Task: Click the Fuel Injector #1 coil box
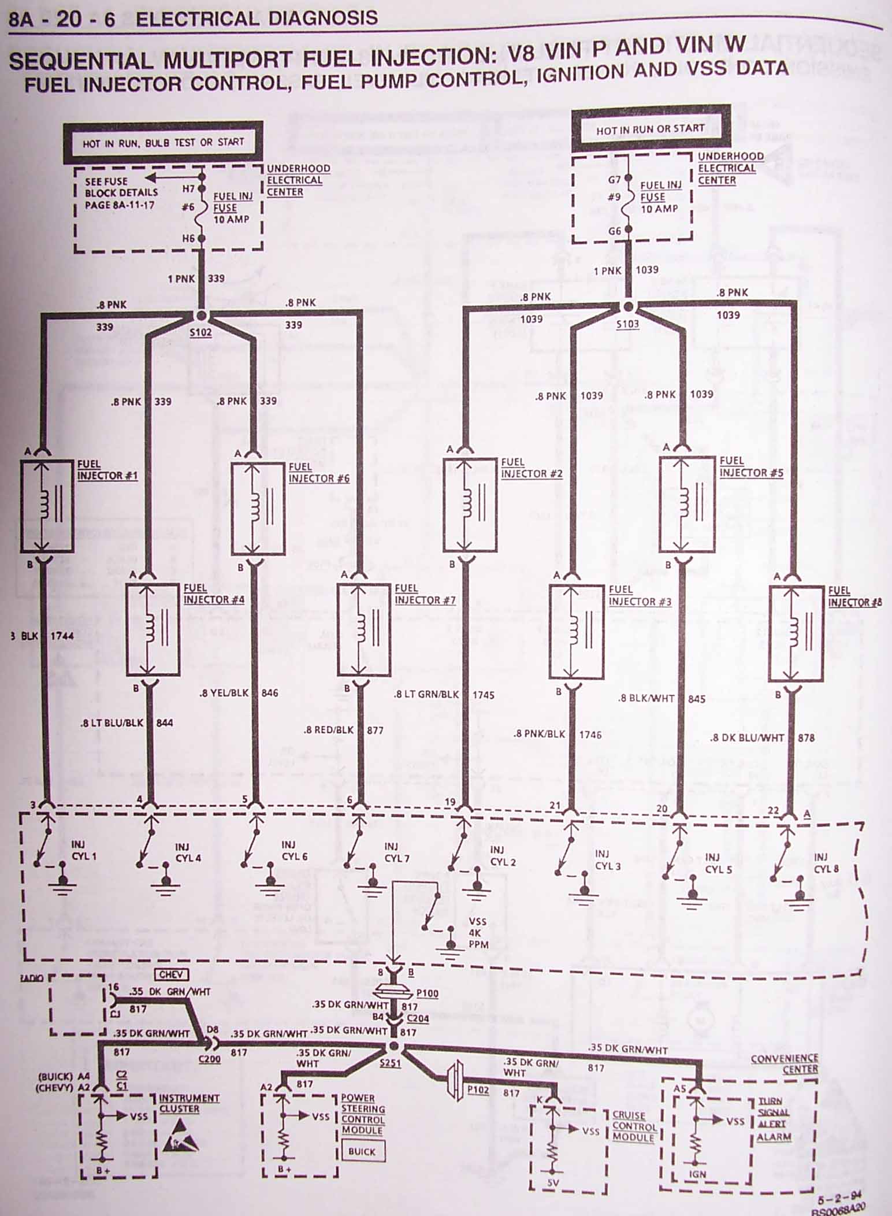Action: [x=47, y=506]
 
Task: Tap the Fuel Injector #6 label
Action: [x=318, y=473]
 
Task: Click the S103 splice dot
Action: [x=629, y=306]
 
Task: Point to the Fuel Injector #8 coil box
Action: [x=796, y=633]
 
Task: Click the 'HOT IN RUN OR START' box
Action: [x=651, y=128]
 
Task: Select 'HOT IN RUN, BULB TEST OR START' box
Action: [x=163, y=142]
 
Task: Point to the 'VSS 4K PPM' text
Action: [x=478, y=933]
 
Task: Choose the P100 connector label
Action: [x=427, y=993]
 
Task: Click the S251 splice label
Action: [x=390, y=1062]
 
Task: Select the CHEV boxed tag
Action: [x=171, y=974]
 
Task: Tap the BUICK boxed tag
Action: [x=362, y=1151]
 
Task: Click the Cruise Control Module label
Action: [x=634, y=1126]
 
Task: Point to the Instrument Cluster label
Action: [x=189, y=1103]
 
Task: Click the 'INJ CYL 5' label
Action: [x=718, y=863]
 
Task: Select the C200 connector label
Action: [x=209, y=1059]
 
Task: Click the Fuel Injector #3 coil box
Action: [x=576, y=632]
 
